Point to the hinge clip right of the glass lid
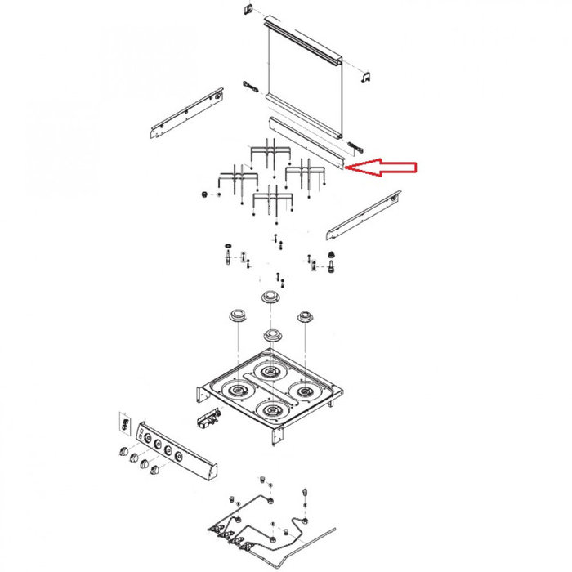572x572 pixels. [367, 76]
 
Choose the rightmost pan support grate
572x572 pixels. [304, 173]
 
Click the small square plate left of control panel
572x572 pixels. [125, 423]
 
